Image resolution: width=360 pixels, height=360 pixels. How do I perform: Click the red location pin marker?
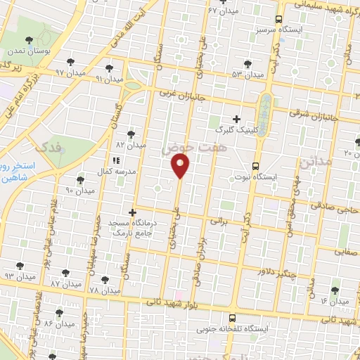(x=181, y=165)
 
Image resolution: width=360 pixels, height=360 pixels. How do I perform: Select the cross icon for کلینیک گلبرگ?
(x=236, y=120)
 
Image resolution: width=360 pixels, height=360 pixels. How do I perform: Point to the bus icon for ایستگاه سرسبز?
(x=279, y=20)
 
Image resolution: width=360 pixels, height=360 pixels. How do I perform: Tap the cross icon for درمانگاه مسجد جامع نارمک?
(x=132, y=212)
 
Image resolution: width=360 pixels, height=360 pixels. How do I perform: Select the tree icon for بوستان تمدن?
(x=29, y=41)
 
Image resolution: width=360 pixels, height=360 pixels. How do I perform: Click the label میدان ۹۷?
(x=70, y=72)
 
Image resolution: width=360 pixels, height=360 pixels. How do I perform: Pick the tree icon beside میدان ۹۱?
(x=108, y=68)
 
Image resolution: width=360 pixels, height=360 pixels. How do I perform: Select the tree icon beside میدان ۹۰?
(x=79, y=180)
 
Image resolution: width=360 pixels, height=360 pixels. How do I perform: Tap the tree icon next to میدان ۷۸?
(x=105, y=279)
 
